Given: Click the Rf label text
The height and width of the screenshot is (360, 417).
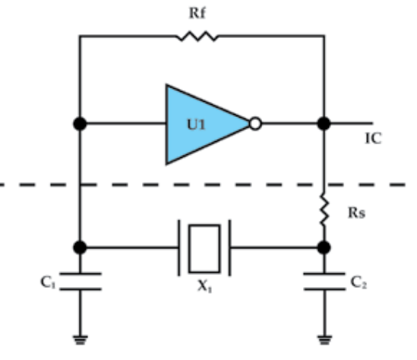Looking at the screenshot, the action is point(197,13).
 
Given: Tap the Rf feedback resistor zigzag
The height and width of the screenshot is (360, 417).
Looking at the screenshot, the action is point(197,36).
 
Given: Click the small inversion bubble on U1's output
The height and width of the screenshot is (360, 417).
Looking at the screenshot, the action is point(255,124).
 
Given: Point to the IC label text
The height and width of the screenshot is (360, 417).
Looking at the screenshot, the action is point(374,138).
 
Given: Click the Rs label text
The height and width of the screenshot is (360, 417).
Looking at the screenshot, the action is point(357,213).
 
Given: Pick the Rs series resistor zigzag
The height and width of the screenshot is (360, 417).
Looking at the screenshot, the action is point(324,210).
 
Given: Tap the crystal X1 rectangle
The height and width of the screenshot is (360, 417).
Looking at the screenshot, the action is point(204,248).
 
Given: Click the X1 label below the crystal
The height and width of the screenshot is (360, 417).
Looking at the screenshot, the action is point(204,286).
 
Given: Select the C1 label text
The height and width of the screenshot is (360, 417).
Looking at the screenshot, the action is point(48,283).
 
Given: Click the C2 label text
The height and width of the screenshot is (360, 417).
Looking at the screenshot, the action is point(359,283).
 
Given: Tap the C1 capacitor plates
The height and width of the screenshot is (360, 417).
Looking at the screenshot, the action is point(81,281).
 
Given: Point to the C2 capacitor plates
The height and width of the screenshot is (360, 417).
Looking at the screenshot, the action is point(324,281).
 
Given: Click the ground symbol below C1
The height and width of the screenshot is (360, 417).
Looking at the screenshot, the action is point(81,340).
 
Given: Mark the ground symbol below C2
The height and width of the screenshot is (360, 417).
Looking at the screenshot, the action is point(324,340).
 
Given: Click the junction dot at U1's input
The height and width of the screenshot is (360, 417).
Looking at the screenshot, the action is point(80,124).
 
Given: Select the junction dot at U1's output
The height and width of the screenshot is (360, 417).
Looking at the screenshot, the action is point(324,124).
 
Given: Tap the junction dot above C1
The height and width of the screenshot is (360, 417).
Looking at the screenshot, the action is point(80,248).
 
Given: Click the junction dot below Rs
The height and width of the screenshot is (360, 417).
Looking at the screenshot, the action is point(324,248).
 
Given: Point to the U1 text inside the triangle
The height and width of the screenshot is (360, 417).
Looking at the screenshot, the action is point(197,125).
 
